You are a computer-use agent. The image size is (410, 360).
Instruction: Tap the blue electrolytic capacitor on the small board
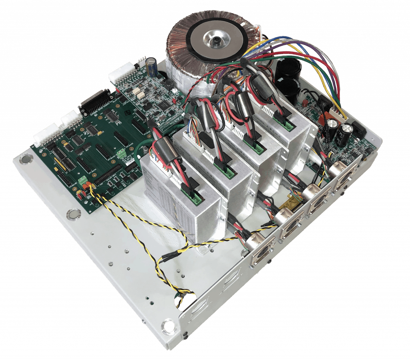point(151,66)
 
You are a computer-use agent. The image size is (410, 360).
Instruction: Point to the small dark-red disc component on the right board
point(305,103)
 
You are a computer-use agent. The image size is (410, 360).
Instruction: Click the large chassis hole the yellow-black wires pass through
point(180,301)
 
